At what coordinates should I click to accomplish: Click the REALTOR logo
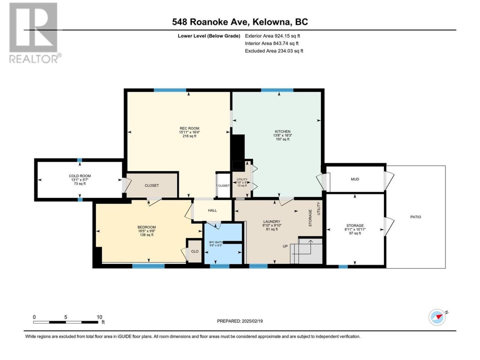pyautogui.click(x=35, y=33)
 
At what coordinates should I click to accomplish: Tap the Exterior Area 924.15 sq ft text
pyautogui.click(x=273, y=36)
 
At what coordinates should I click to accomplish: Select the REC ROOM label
pyautogui.click(x=189, y=128)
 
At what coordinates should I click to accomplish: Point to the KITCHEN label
pyautogui.click(x=282, y=132)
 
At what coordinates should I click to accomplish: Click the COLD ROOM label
pyautogui.click(x=80, y=176)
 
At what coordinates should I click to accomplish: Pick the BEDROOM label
pyautogui.click(x=147, y=227)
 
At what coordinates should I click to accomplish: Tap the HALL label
pyautogui.click(x=212, y=210)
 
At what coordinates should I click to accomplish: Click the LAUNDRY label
pyautogui.click(x=272, y=222)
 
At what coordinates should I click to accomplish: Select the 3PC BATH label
pyautogui.click(x=216, y=242)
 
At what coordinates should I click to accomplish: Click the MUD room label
pyautogui.click(x=355, y=179)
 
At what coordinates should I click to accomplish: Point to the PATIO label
pyautogui.click(x=415, y=217)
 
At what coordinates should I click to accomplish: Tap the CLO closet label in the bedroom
pyautogui.click(x=195, y=251)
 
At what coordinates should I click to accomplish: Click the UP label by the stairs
pyautogui.click(x=285, y=246)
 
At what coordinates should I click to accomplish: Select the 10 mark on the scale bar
pyautogui.click(x=99, y=317)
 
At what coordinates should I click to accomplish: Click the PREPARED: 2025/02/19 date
pyautogui.click(x=240, y=321)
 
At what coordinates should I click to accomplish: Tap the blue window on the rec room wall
pyautogui.click(x=170, y=90)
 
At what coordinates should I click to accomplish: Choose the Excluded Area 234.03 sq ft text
pyautogui.click(x=274, y=51)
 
